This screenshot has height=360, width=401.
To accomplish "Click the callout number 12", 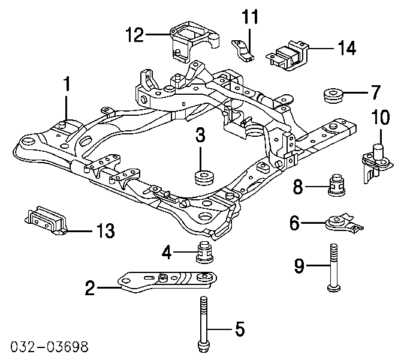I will tap(135, 37).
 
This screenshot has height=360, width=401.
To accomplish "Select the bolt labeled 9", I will tap(331, 267).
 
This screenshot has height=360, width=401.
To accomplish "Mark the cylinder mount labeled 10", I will tap(376, 160).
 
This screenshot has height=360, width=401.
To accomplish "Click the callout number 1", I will tap(67, 85).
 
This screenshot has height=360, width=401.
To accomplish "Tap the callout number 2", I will tap(91, 290).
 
